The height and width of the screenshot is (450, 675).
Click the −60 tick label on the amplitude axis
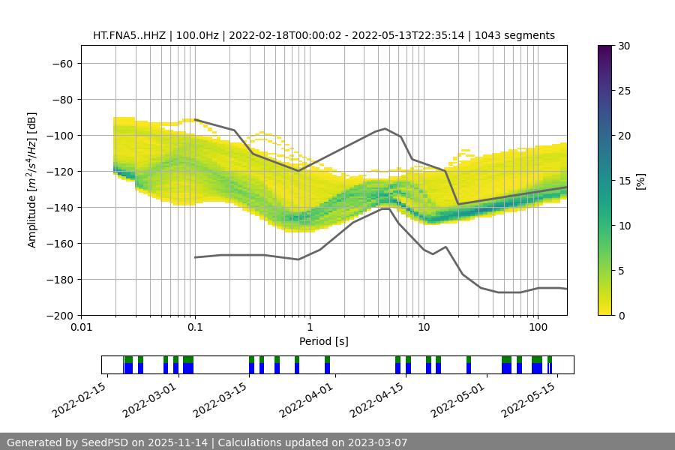pyautogui.click(x=61, y=64)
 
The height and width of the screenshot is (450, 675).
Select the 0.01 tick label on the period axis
pyautogui.click(x=81, y=328)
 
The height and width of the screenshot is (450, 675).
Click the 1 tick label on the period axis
pyautogui.click(x=309, y=328)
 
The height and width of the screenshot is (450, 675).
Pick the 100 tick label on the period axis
pyautogui.click(x=538, y=328)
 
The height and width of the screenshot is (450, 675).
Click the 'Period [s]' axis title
pyautogui.click(x=323, y=342)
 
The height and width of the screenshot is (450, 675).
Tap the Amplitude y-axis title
pyautogui.click(x=32, y=180)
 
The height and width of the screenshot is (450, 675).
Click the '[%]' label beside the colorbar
pyautogui.click(x=640, y=181)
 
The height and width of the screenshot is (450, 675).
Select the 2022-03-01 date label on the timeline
pyautogui.click(x=150, y=399)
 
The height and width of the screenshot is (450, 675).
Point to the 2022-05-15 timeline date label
pyautogui.click(x=529, y=399)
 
